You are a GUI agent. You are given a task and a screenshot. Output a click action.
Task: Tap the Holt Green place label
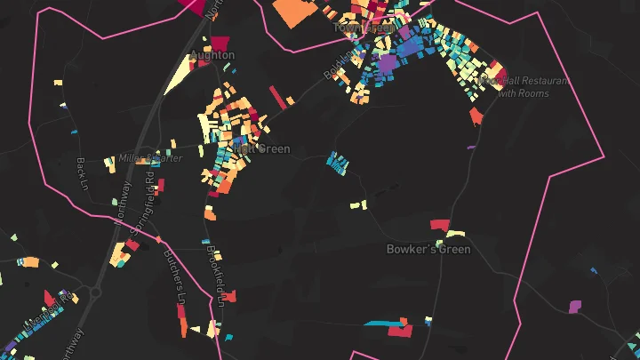click(x=262, y=149)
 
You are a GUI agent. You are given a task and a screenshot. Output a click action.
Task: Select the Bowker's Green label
click(x=428, y=250)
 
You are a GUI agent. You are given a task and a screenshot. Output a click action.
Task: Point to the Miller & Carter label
click(x=149, y=158)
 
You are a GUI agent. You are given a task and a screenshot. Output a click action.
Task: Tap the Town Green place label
click(x=363, y=28)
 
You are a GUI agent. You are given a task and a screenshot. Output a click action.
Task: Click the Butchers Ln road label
click(x=175, y=277)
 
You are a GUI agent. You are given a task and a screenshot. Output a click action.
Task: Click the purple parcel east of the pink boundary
click(x=574, y=307)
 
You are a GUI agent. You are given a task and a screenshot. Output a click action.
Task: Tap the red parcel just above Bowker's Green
click(x=440, y=224)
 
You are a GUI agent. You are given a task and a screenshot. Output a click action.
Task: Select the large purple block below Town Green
click(x=388, y=65)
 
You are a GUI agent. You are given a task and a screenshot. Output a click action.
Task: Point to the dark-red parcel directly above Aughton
click(x=219, y=42)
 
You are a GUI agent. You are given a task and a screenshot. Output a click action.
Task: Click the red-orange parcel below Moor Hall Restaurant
click(x=476, y=116)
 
